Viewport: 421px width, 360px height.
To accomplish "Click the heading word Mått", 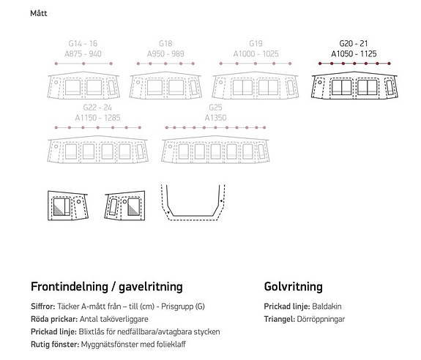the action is [x=39, y=13].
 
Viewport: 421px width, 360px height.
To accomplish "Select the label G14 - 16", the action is [x=83, y=43].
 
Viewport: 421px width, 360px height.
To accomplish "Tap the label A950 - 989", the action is [x=165, y=53].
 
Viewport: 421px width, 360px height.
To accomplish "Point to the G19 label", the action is [x=256, y=43].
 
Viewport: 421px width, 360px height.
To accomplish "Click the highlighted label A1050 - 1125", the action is [x=354, y=53].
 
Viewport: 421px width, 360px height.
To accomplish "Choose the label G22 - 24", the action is [x=97, y=108].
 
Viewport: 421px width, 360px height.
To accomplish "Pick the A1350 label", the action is [x=215, y=118].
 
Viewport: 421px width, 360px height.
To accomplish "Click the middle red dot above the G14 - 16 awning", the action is [x=83, y=64].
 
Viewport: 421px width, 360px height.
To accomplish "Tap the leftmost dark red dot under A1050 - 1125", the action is [x=320, y=64].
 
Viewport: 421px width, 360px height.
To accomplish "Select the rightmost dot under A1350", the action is [x=264, y=128].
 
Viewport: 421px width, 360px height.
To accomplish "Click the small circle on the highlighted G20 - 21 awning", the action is [x=320, y=82].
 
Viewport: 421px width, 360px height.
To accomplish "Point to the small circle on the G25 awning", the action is [x=170, y=146].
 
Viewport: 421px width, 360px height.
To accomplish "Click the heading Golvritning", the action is [x=293, y=287].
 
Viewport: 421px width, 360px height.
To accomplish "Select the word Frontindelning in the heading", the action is [x=70, y=287].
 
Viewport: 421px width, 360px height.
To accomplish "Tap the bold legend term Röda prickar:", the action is [x=54, y=319].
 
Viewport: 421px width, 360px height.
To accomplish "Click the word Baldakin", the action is [x=327, y=307].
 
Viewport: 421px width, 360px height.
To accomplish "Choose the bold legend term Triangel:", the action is [x=280, y=319].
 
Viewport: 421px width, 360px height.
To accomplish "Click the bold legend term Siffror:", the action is [x=43, y=307].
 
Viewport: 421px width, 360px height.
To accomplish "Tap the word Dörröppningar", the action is [x=321, y=319].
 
